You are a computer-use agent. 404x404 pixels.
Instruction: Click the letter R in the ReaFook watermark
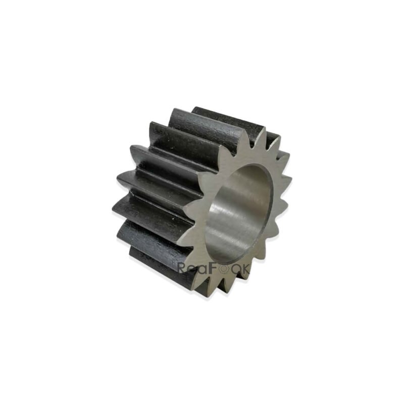point(183,269)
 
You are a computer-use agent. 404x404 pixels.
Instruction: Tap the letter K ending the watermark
point(245,269)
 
